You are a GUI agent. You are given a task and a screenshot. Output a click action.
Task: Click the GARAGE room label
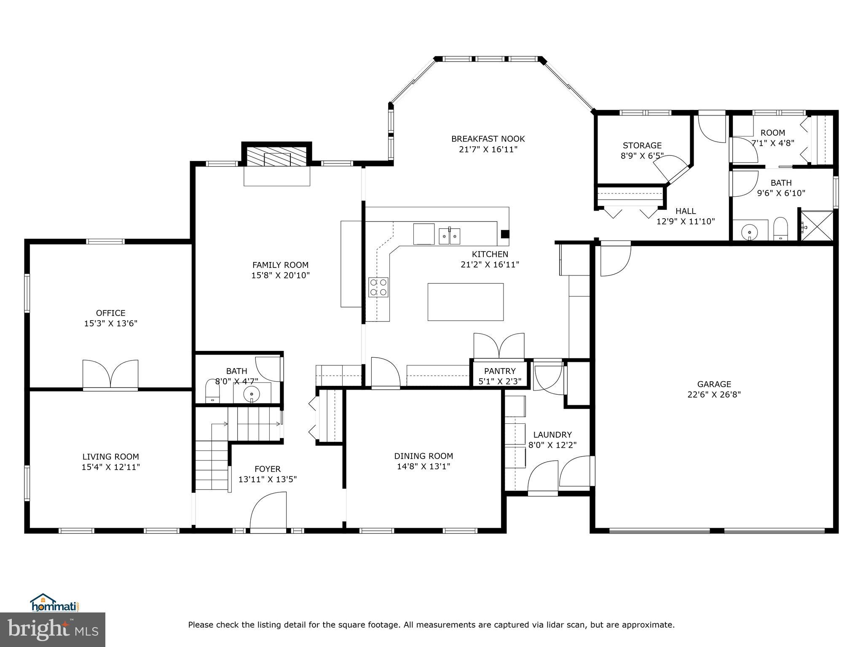click(714, 384)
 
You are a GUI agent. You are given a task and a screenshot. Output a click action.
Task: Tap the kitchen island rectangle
click(466, 302)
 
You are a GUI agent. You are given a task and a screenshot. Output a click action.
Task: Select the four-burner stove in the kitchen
click(378, 287)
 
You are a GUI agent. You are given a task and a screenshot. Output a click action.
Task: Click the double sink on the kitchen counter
click(450, 236)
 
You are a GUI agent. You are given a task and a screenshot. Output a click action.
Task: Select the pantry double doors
click(499, 346)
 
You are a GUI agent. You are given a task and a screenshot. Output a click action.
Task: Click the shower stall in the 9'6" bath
click(816, 226)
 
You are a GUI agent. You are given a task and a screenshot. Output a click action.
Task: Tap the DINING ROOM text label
click(423, 456)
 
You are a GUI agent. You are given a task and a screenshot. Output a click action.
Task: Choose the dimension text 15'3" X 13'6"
click(111, 323)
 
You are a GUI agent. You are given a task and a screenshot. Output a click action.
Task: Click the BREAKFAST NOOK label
click(488, 139)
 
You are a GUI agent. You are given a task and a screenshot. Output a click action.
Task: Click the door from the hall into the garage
click(616, 259)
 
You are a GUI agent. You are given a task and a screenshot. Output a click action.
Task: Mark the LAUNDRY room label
click(552, 435)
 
